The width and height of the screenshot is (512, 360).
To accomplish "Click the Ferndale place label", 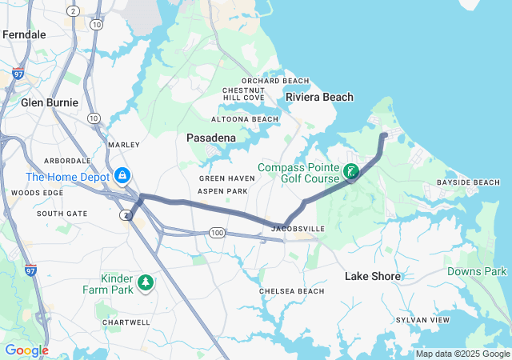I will (24, 34).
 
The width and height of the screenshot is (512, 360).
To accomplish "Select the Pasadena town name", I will (211, 138).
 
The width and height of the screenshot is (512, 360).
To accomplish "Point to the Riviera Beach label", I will (319, 97).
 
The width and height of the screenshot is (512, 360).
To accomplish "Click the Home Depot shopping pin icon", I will (122, 174).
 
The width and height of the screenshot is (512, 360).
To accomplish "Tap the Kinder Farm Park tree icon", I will (146, 282).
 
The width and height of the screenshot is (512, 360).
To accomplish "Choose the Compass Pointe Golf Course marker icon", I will (350, 171).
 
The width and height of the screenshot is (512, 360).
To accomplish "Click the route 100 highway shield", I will (218, 232).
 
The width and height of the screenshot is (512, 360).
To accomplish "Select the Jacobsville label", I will (298, 229).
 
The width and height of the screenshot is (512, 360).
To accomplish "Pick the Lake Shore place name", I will (372, 276).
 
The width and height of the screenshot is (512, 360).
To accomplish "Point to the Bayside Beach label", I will (469, 183).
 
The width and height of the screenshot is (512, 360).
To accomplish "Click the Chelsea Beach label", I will (292, 291).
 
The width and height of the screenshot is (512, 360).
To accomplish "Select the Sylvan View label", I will (423, 320).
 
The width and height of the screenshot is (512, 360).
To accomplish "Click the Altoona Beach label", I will (250, 119).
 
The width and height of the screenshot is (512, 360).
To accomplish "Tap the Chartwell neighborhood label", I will (126, 322).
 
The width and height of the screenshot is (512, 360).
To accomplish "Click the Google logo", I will (26, 350).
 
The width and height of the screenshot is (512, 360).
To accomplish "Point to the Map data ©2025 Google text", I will (462, 354).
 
